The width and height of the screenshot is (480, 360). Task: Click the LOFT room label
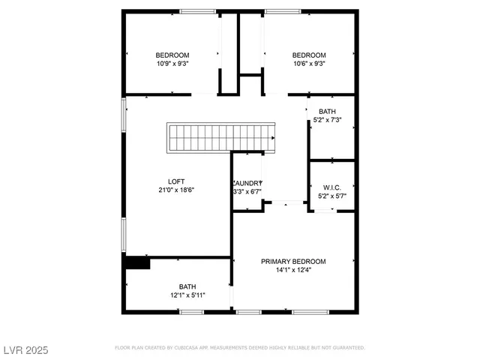pos(176,181)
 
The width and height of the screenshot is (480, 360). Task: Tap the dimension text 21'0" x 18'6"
pos(176,190)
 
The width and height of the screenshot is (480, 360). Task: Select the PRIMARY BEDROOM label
pos(293,261)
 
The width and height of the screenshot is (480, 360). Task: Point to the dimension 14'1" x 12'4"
pos(293,270)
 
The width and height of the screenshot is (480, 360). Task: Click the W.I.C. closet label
pos(332,187)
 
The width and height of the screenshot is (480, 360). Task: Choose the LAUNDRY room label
pos(247,183)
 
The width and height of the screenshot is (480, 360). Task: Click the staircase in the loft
pos(221,138)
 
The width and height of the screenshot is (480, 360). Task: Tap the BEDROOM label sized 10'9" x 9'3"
pos(172,55)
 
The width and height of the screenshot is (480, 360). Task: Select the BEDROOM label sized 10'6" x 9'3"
pos(309,55)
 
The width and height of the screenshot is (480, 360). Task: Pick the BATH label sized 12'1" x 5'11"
pos(187,286)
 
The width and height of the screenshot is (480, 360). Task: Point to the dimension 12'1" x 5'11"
pos(187,295)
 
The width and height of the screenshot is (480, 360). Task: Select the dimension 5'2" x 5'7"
pos(332,196)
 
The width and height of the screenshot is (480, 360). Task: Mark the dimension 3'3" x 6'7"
pos(247,192)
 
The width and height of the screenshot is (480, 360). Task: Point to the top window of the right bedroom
pos(283,11)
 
